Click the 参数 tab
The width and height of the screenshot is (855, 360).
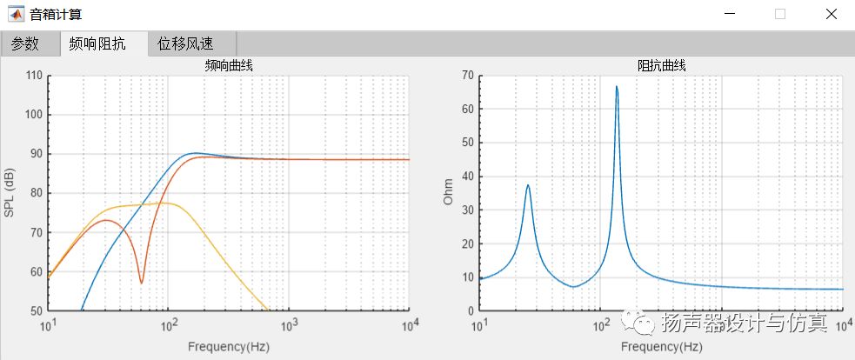(25, 43)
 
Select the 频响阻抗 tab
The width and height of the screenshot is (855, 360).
(97, 43)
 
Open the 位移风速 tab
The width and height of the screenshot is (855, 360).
(185, 43)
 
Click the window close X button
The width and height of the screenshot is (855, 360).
(832, 14)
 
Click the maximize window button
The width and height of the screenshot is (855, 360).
(779, 14)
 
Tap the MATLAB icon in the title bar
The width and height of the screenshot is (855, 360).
(16, 14)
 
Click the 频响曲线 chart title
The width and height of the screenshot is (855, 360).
(229, 65)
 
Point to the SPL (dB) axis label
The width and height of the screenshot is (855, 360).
(10, 192)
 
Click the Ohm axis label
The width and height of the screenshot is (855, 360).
(449, 192)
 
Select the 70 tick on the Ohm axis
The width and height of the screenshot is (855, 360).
(467, 76)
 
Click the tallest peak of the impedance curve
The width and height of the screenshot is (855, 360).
(617, 87)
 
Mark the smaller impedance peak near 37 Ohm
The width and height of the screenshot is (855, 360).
(527, 185)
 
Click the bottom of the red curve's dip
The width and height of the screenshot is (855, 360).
(142, 283)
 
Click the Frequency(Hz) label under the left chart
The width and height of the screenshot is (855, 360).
(229, 346)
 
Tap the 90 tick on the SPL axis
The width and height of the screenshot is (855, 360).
(36, 154)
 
